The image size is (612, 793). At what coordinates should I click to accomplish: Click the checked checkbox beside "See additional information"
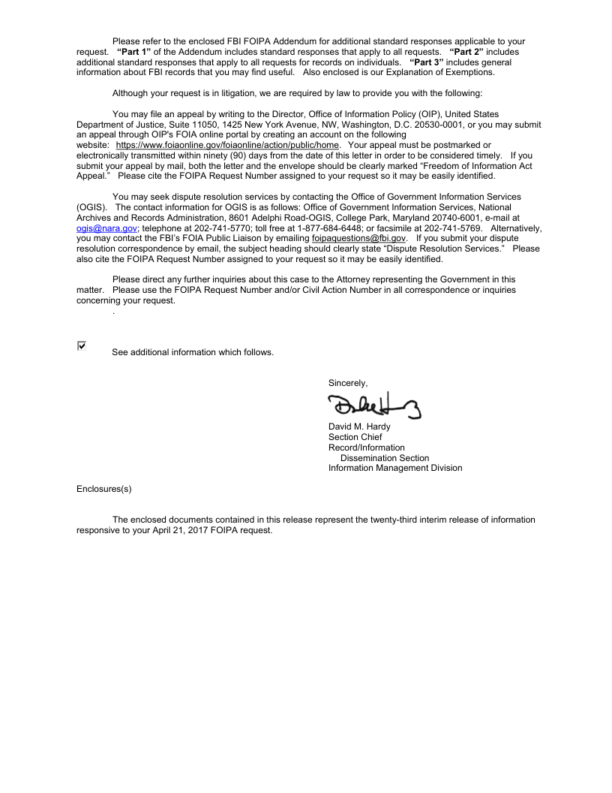pyautogui.click(x=82, y=345)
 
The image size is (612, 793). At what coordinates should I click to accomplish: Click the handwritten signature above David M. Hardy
pyautogui.click(x=373, y=406)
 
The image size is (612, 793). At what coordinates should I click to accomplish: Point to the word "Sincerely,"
pyautogui.click(x=348, y=383)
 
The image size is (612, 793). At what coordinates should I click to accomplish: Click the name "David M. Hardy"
pyautogui.click(x=358, y=427)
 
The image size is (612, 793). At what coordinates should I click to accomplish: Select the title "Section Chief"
pyautogui.click(x=355, y=437)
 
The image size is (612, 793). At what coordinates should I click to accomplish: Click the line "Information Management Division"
pyautogui.click(x=394, y=468)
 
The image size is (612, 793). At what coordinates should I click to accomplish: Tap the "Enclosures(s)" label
pyautogui.click(x=104, y=489)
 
